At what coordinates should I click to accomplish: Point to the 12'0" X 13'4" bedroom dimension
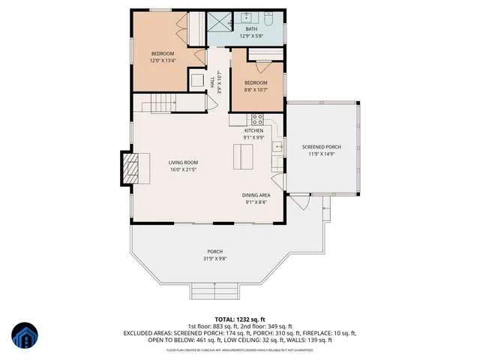(x=163, y=61)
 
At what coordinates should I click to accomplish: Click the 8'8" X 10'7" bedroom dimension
(x=256, y=90)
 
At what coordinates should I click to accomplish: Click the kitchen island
(x=241, y=157)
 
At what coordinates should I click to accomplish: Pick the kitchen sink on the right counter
(x=276, y=147)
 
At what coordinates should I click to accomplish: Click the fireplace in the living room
(x=129, y=169)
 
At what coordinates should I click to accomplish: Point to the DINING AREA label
(x=257, y=195)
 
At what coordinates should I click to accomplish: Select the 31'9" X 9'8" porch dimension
(x=215, y=259)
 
